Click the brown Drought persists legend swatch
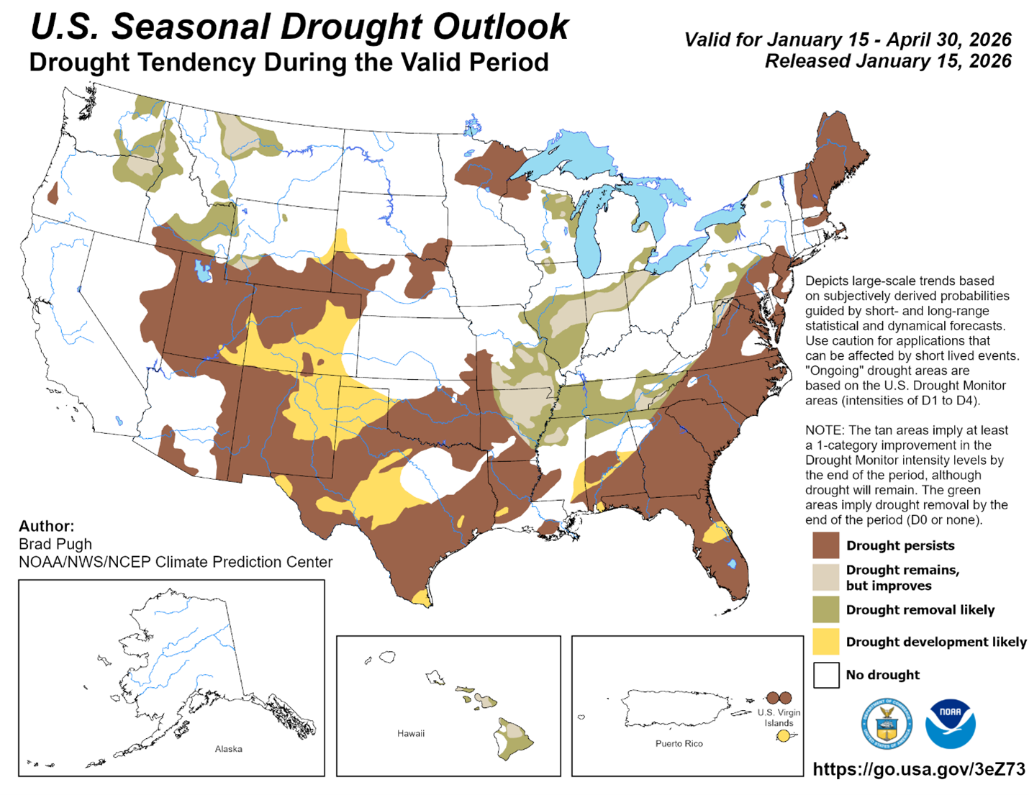tap(825, 545)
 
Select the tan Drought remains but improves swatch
tap(825, 577)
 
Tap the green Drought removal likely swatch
tap(825, 609)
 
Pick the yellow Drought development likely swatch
tap(825, 641)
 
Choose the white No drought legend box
tap(825, 675)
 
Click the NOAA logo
tap(950, 724)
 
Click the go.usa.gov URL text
tap(919, 769)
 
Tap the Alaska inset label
tap(228, 749)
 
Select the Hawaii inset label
tap(410, 734)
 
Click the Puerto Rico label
tap(679, 743)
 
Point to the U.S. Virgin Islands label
tap(779, 718)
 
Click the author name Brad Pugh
tap(55, 544)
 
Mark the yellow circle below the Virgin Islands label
tap(783, 736)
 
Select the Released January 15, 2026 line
tap(887, 61)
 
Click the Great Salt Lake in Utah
tap(202, 272)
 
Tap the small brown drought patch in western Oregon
tap(53, 193)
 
